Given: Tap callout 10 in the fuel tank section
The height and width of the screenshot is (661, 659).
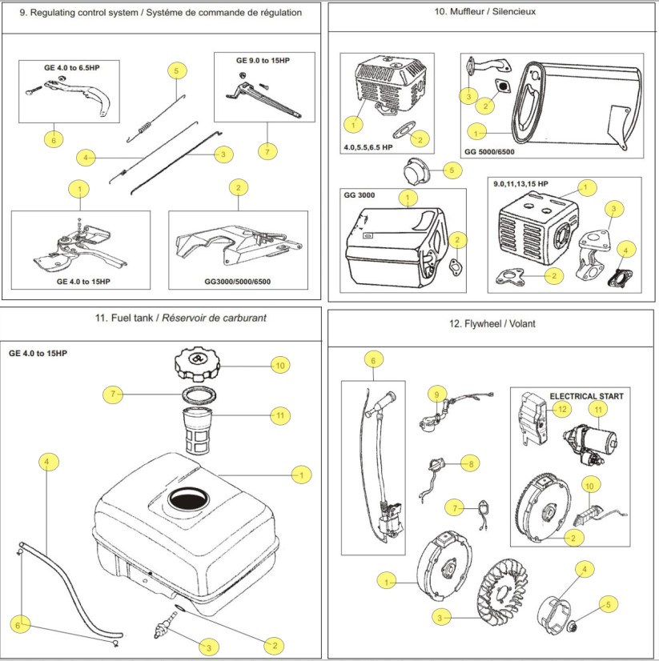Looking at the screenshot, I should [x=280, y=365].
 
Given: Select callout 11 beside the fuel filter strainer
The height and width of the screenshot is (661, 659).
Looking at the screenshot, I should [x=280, y=415].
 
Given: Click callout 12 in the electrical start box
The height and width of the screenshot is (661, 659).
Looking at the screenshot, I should [x=561, y=410].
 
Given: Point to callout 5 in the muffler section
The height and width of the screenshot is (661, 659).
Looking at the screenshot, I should [x=452, y=170].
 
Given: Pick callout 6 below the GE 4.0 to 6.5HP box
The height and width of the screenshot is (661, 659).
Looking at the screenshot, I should [x=54, y=138].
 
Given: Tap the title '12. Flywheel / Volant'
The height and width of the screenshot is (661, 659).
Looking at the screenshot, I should [x=493, y=324].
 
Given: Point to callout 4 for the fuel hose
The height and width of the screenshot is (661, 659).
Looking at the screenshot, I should [x=47, y=463].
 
